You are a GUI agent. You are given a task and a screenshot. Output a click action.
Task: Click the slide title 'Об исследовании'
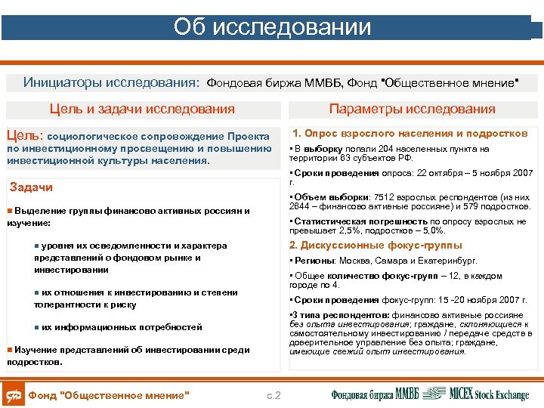coord(272,27)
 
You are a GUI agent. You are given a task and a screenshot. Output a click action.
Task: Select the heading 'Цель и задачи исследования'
coord(142,109)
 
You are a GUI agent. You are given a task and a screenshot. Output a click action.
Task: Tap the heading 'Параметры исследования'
coord(412,109)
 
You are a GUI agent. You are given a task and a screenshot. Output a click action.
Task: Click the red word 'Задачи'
coord(31,187)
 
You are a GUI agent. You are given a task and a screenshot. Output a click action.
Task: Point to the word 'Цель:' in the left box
coord(26,135)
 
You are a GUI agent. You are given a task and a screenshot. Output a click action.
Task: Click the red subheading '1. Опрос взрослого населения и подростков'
coord(410,133)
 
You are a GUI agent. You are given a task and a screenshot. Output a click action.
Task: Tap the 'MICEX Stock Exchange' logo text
coord(489,394)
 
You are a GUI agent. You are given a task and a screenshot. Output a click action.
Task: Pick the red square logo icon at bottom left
coord(13,394)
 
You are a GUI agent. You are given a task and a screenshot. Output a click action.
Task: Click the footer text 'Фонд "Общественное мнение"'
coord(108,395)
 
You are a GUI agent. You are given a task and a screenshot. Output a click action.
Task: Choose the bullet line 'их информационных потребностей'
coord(122,327)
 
